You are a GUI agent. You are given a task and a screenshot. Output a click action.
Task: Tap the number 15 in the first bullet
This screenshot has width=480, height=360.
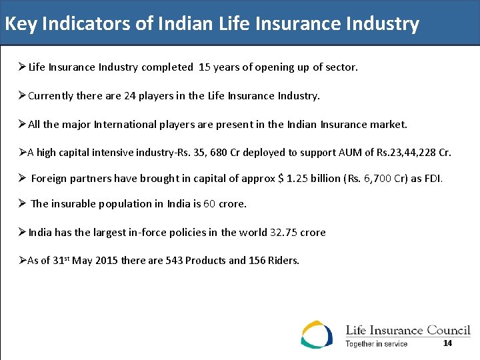[x=204, y=67]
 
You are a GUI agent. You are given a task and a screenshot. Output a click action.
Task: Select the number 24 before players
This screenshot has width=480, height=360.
[x=130, y=96]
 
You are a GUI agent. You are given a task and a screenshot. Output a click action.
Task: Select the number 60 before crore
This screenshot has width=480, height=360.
[x=209, y=204]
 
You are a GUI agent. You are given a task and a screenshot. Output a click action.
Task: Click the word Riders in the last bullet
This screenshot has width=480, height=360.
[x=284, y=261]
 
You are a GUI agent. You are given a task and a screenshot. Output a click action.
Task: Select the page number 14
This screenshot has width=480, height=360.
[x=447, y=343]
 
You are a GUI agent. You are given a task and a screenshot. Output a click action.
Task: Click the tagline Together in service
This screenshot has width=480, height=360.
[x=376, y=344]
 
